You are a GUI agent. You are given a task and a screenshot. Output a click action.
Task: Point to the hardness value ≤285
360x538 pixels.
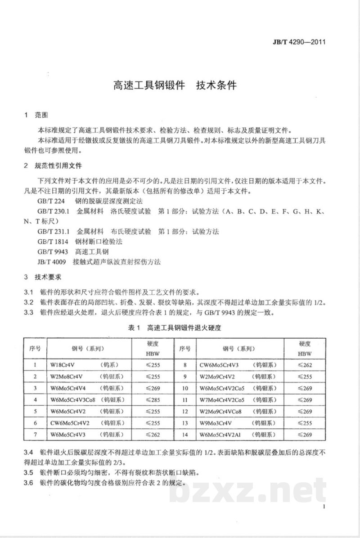coord(153,399)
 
